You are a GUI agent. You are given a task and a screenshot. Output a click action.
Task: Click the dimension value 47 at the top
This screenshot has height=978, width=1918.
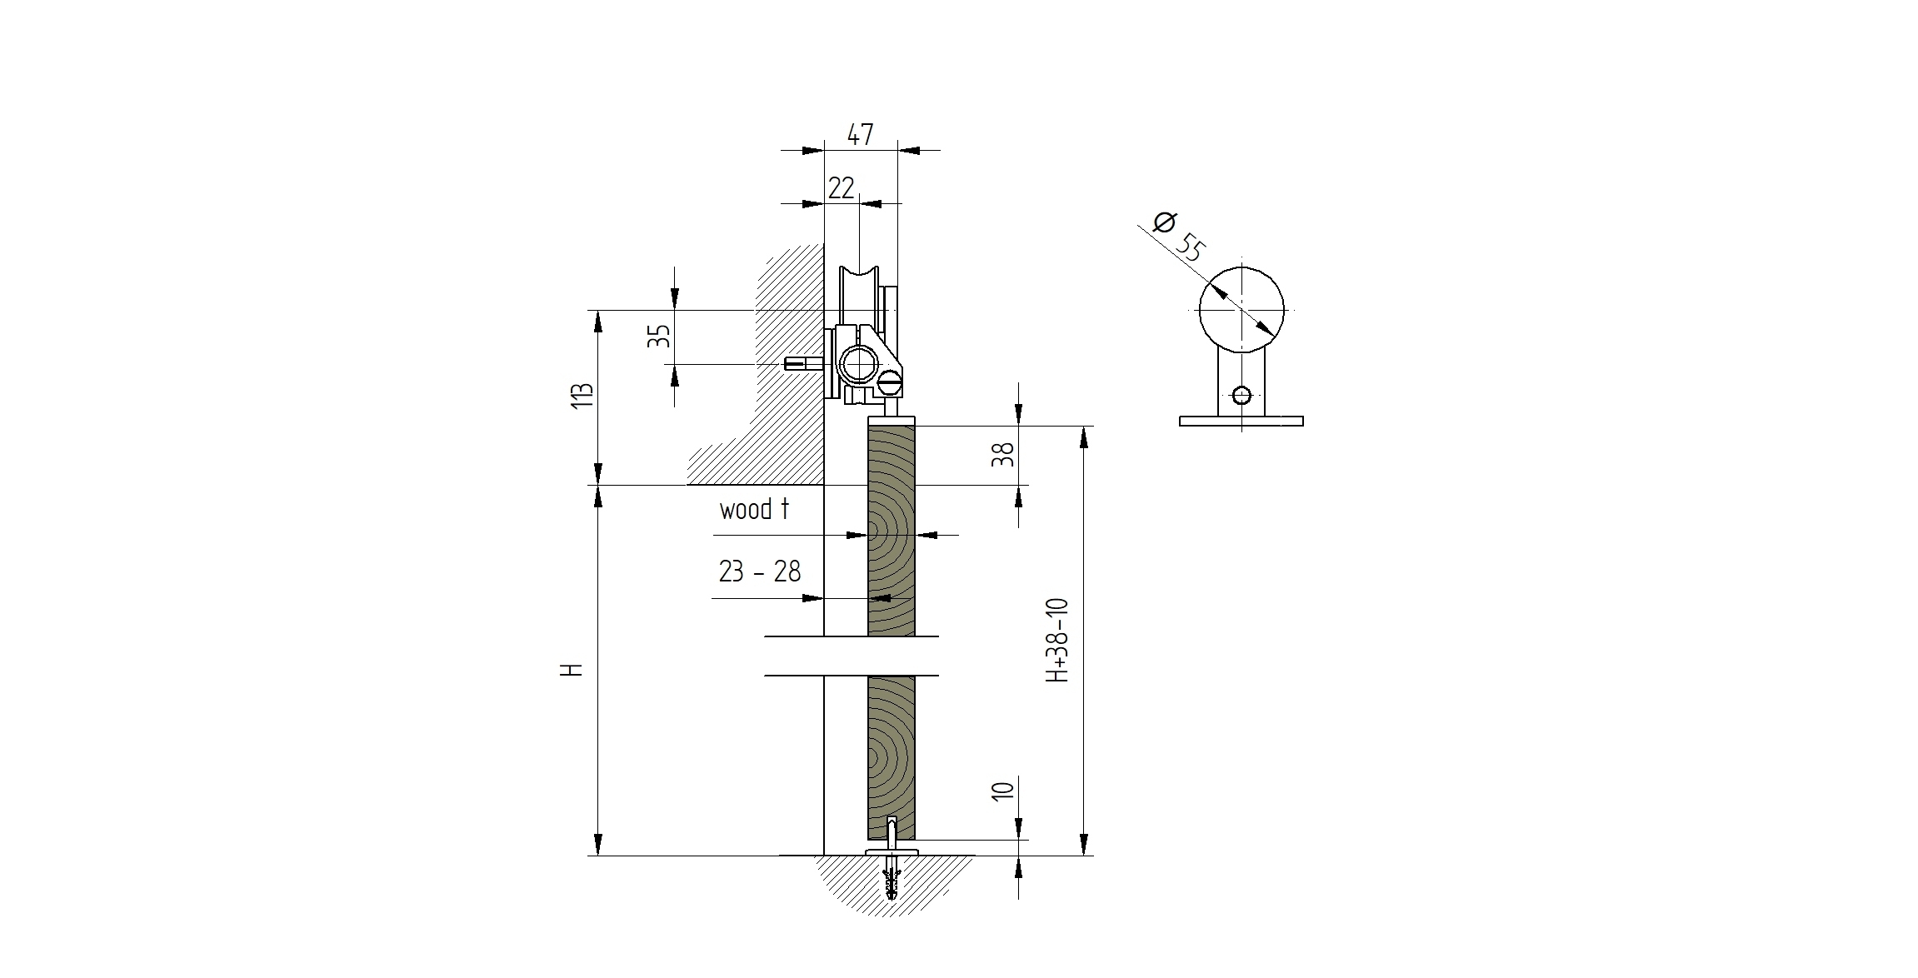[x=860, y=134]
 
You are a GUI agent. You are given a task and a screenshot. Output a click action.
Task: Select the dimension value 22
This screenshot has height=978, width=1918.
[x=842, y=188]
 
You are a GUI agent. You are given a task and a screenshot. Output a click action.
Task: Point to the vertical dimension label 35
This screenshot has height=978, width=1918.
[x=659, y=337]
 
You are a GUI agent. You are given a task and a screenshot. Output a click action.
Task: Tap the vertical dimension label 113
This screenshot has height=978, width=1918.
[x=584, y=395]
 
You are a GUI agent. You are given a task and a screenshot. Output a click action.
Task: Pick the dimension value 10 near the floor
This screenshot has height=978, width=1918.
[x=1005, y=790]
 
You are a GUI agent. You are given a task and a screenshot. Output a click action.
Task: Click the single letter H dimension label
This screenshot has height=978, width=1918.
[x=572, y=670]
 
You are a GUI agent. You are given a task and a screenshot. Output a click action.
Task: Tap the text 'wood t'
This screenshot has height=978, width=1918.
[x=754, y=509]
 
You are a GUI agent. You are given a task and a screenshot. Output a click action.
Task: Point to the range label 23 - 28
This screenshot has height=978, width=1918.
[x=759, y=571]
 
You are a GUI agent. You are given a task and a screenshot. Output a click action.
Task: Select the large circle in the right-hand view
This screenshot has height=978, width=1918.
[x=1241, y=309]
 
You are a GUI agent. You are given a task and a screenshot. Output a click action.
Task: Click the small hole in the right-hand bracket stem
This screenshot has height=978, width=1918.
[x=1241, y=395]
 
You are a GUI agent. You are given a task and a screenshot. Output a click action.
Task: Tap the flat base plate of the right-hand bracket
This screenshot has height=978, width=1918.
[x=1241, y=422]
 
